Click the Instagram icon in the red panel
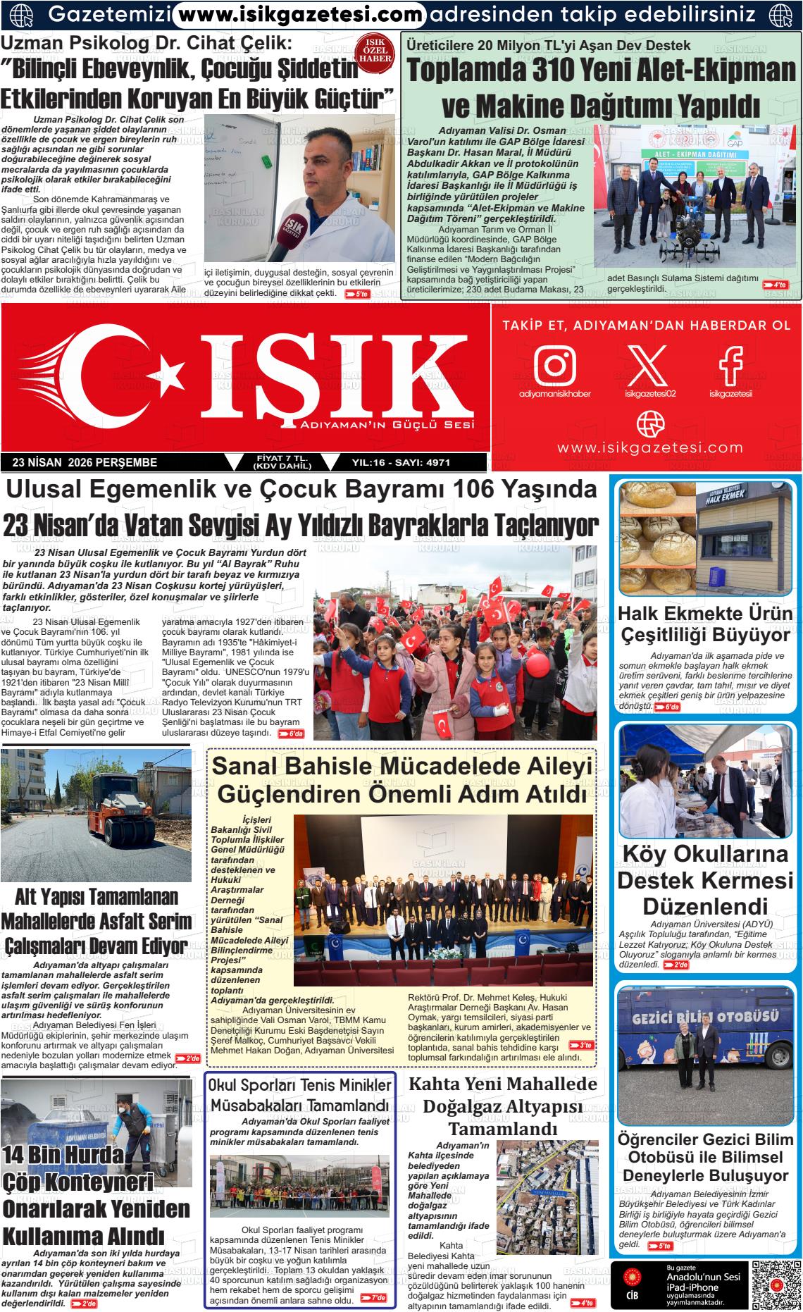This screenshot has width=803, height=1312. click(x=555, y=364)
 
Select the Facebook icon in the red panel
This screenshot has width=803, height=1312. click(x=730, y=364)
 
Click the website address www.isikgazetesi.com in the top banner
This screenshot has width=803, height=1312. click(x=299, y=13)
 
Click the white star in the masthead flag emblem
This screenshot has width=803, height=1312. click(x=169, y=370)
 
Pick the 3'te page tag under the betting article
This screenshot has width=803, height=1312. click(x=580, y=1045)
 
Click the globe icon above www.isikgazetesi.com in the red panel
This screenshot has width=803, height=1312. click(x=650, y=423)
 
